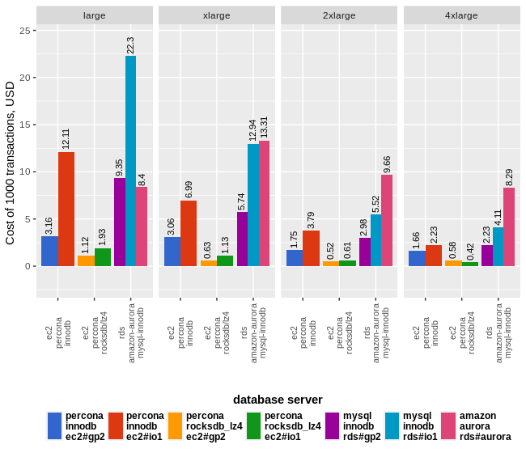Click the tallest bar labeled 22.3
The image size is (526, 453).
[130, 161]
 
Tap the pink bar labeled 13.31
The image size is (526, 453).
[264, 203]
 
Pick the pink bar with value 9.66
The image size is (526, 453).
[387, 220]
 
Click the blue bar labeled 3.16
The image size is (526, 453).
[49, 251]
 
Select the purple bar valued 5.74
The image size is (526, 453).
[242, 239]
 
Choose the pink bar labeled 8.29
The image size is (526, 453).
[509, 226]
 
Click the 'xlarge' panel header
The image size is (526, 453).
[216, 15]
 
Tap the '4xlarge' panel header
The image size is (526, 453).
[461, 15]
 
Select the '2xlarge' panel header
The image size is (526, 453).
[338, 15]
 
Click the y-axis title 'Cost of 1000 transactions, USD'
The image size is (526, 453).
[11, 163]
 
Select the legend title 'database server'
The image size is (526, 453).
[278, 400]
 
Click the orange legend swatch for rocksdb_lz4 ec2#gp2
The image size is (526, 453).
[176, 425]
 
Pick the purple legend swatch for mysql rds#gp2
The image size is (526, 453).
[332, 425]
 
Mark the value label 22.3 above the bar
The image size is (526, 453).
[130, 45]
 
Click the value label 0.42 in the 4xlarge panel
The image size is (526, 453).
[470, 252]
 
